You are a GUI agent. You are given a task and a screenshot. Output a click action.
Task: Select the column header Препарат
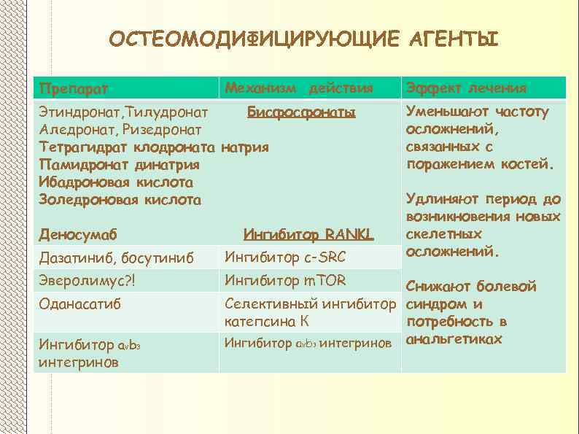pyautogui.click(x=74, y=89)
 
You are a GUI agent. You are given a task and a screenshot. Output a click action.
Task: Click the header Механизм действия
pyautogui.click(x=299, y=88)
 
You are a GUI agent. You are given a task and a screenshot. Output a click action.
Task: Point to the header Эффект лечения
pyautogui.click(x=467, y=88)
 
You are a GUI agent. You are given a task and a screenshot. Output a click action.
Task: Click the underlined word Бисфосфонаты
pyautogui.click(x=301, y=112)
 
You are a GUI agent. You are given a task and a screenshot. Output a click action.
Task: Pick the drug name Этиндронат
pyautogui.click(x=79, y=112)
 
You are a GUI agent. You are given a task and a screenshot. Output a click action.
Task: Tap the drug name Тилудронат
pyautogui.click(x=168, y=112)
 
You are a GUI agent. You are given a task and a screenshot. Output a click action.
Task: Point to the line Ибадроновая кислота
pyautogui.click(x=116, y=182)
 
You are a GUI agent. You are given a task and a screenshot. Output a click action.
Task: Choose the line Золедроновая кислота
pyautogui.click(x=120, y=199)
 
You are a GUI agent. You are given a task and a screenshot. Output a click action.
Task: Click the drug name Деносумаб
pyautogui.click(x=78, y=235)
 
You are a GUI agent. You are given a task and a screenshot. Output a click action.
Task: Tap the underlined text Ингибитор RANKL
pyautogui.click(x=308, y=235)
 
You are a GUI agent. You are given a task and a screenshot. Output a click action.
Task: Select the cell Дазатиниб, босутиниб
pyautogui.click(x=117, y=257)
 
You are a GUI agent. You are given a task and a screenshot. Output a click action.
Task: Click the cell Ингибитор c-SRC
pyautogui.click(x=285, y=257)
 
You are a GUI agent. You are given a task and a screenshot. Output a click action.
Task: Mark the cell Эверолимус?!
pyautogui.click(x=88, y=281)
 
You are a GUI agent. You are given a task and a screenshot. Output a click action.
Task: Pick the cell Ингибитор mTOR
pyautogui.click(x=285, y=280)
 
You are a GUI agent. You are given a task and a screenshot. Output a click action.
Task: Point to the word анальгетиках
pyautogui.click(x=454, y=339)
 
